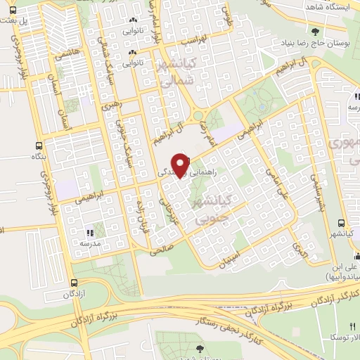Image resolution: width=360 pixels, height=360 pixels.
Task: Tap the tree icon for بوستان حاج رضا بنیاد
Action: pyautogui.click(x=315, y=32)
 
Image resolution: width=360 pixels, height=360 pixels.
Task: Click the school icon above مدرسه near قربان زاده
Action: pyautogui.click(x=91, y=232)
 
